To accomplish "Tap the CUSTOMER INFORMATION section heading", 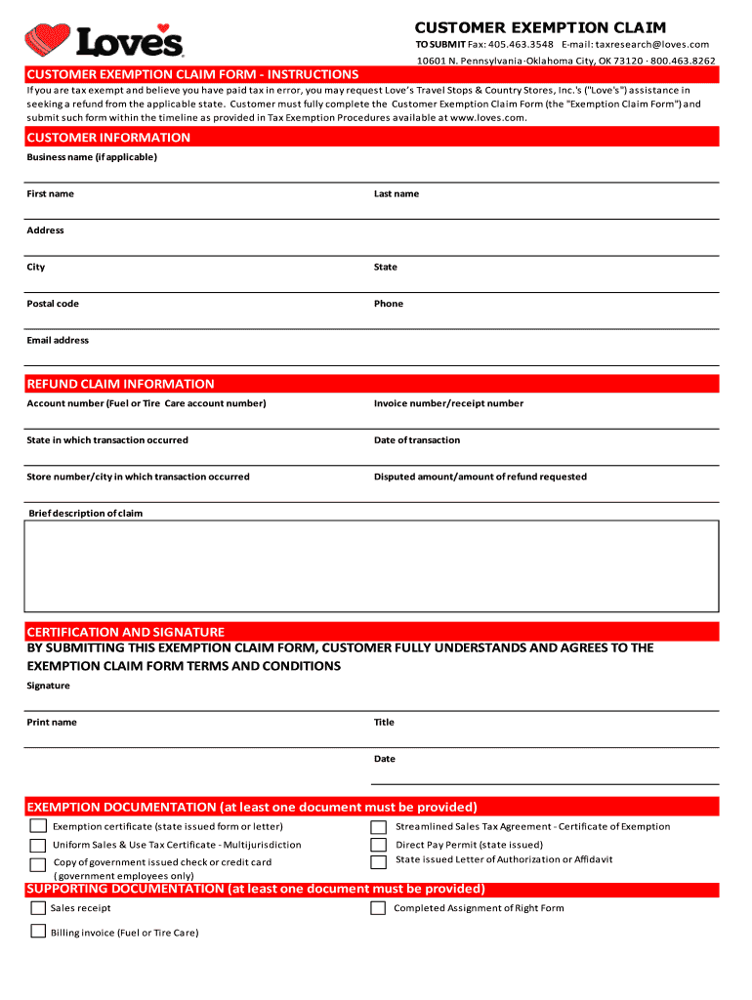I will click(x=108, y=138).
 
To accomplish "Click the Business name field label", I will click(x=91, y=157).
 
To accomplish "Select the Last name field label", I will click(x=396, y=193).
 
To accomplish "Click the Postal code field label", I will click(x=53, y=304).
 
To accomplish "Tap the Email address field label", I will click(x=58, y=340).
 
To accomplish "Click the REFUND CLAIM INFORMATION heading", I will click(x=120, y=384).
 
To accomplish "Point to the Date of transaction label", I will click(x=416, y=439).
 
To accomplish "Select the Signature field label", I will click(x=48, y=686).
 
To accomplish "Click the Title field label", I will click(x=384, y=722).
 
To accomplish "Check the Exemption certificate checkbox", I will click(x=37, y=827).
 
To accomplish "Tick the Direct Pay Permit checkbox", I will click(x=378, y=846).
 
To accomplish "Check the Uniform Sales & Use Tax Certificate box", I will click(x=37, y=846).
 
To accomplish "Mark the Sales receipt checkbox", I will click(x=37, y=908).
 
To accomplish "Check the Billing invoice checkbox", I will click(x=37, y=933).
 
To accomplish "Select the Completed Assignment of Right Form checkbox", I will click(x=378, y=908).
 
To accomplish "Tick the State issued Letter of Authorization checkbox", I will click(x=378, y=861).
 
